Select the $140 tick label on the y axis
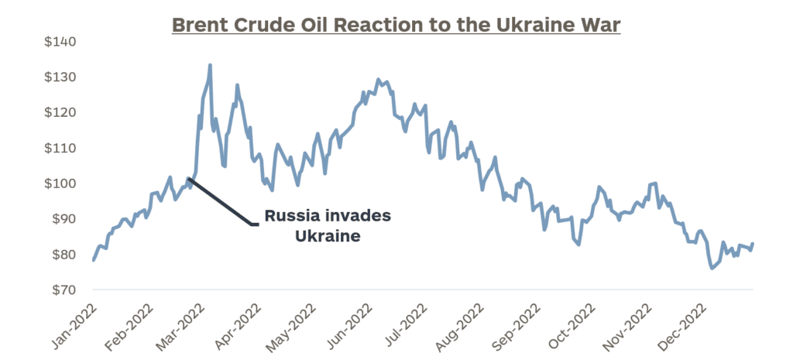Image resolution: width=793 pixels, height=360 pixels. coord(60,42)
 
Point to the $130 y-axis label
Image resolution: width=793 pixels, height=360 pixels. coord(60,77)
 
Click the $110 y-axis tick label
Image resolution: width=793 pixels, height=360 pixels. coord(60,148)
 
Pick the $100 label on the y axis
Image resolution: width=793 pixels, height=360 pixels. coord(60,183)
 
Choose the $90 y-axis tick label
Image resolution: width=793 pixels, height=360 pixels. coord(63,219)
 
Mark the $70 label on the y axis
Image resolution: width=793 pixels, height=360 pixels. coord(63,290)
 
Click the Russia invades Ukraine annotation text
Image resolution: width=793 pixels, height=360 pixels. coord(328,226)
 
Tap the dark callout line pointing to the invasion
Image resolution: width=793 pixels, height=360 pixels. coord(220,202)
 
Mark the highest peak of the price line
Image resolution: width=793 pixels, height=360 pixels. coord(210,65)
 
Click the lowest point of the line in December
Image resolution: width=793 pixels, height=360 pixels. coord(711,268)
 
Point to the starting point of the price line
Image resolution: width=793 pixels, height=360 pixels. coord(93,260)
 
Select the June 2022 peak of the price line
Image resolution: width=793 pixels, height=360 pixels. coord(378,79)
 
